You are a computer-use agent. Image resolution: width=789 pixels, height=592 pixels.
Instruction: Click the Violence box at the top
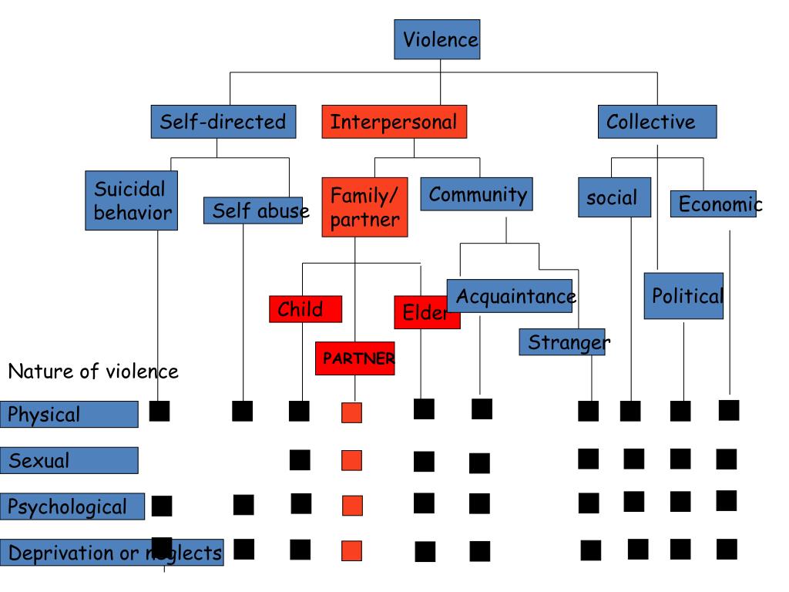tap(437, 40)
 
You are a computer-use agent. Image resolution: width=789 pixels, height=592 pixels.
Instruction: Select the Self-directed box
tap(223, 122)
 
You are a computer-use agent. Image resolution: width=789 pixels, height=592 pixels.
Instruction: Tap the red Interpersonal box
tap(394, 122)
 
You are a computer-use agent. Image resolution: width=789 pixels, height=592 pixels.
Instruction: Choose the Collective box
tap(657, 122)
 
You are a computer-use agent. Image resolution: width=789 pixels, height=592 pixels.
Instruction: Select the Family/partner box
tap(364, 207)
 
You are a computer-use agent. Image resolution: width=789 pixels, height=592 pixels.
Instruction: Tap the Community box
tap(477, 194)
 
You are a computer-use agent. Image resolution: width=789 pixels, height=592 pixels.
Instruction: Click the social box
tap(613, 198)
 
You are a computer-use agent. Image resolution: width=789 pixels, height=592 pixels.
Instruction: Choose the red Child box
tap(306, 309)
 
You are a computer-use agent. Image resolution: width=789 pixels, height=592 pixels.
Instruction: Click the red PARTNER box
tap(354, 358)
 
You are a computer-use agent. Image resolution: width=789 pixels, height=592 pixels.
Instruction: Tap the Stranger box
tap(562, 341)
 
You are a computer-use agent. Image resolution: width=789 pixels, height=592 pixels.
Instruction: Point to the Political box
tap(683, 296)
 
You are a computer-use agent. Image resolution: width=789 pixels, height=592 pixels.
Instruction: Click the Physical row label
tap(69, 414)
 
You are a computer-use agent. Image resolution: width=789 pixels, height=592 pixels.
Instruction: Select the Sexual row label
tap(69, 460)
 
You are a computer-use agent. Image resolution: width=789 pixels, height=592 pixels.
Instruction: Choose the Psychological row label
tap(72, 506)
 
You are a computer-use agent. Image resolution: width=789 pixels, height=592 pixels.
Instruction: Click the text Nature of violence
tap(93, 372)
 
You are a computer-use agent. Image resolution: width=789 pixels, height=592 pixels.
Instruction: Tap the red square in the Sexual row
tap(351, 460)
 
